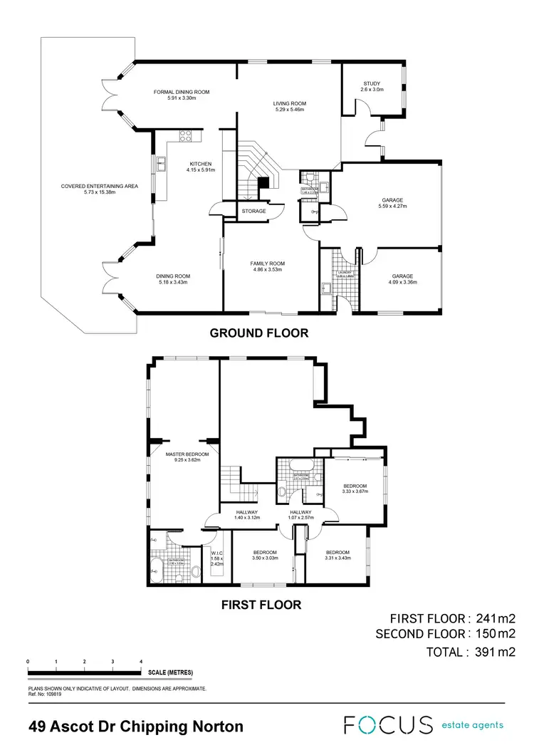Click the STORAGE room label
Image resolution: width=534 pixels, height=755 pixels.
pos(253,212)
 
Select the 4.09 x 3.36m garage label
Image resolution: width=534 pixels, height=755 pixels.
pos(402,278)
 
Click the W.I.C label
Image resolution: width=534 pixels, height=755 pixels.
pos(217,553)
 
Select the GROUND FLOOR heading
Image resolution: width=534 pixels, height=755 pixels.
pos(259,333)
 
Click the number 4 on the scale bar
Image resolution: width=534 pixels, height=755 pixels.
pos(141,662)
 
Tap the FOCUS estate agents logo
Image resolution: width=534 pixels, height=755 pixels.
pos(424,725)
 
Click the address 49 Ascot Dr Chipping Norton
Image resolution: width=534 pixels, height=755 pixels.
pos(136,727)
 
